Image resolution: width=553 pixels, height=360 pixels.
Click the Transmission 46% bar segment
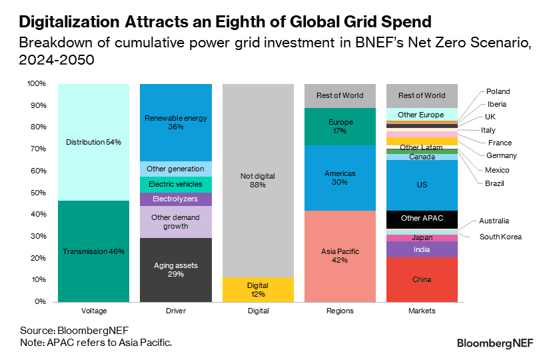click(x=93, y=251)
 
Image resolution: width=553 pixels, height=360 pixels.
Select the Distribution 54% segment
click(x=93, y=142)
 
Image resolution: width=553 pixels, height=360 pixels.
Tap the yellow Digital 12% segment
click(x=258, y=289)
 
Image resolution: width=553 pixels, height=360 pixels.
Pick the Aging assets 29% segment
click(x=175, y=269)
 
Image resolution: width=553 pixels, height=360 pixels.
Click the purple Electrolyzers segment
click(x=175, y=199)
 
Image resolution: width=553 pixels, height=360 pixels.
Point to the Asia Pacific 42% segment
click(x=340, y=255)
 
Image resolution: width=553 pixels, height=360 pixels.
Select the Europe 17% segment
click(x=340, y=127)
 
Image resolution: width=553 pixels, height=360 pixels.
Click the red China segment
click(x=422, y=279)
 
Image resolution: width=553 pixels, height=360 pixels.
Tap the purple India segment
click(x=422, y=249)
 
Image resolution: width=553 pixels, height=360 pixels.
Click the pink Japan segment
click(x=422, y=237)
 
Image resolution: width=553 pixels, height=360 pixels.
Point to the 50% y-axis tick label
click(x=37, y=193)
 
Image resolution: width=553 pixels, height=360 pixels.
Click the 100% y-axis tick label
click(x=35, y=84)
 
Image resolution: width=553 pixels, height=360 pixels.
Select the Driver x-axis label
click(x=175, y=311)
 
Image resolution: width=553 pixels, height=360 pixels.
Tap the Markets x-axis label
click(x=422, y=311)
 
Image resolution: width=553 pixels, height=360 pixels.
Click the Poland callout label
click(x=498, y=91)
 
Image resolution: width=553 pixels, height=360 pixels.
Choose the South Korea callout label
click(x=500, y=237)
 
